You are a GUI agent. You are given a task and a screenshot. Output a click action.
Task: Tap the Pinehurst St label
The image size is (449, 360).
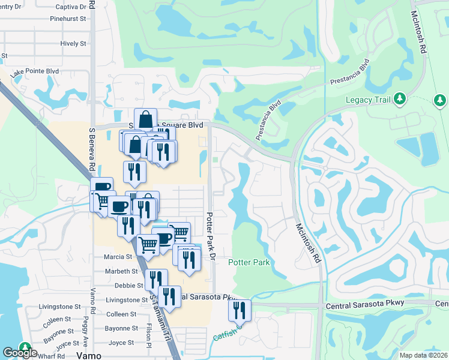(x=68, y=19)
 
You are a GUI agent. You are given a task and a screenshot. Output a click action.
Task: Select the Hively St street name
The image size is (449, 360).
(x=73, y=44)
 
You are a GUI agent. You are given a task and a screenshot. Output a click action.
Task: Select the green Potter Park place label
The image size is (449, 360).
(x=249, y=262)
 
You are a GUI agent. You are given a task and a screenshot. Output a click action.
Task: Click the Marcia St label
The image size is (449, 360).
(x=118, y=257)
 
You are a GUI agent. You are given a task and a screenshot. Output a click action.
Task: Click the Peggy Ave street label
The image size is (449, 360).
(x=86, y=329)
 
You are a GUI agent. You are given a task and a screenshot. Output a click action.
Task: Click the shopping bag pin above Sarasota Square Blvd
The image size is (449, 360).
(x=145, y=119)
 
